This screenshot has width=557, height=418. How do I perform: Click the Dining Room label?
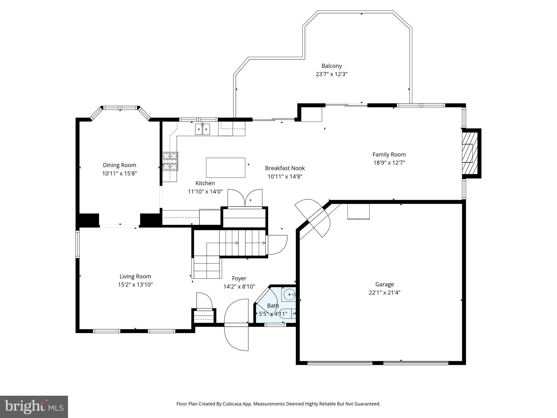pos(119,165)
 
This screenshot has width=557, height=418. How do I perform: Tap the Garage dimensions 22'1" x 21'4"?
pos(384,293)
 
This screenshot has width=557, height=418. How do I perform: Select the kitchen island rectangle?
pos(225,168)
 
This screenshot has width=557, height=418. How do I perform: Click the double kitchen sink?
pos(202,129)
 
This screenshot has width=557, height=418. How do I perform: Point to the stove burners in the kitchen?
pos(170,161)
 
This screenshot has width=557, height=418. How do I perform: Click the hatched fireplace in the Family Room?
pos(470,153)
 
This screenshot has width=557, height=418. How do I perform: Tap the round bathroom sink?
pos(288,294)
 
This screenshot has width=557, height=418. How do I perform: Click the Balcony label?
pos(332,66)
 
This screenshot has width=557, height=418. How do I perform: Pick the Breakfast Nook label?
pos(285,168)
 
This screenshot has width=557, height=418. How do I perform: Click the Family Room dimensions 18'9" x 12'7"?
pos(389,163)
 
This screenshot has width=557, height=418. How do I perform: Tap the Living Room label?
pos(135,276)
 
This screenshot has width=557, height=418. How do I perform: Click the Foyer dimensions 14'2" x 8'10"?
pos(239,287)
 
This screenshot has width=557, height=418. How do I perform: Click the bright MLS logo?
pos(34,407)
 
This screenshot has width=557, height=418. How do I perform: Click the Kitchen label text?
pos(205,183)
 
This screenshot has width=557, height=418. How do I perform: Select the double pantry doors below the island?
pos(245,198)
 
